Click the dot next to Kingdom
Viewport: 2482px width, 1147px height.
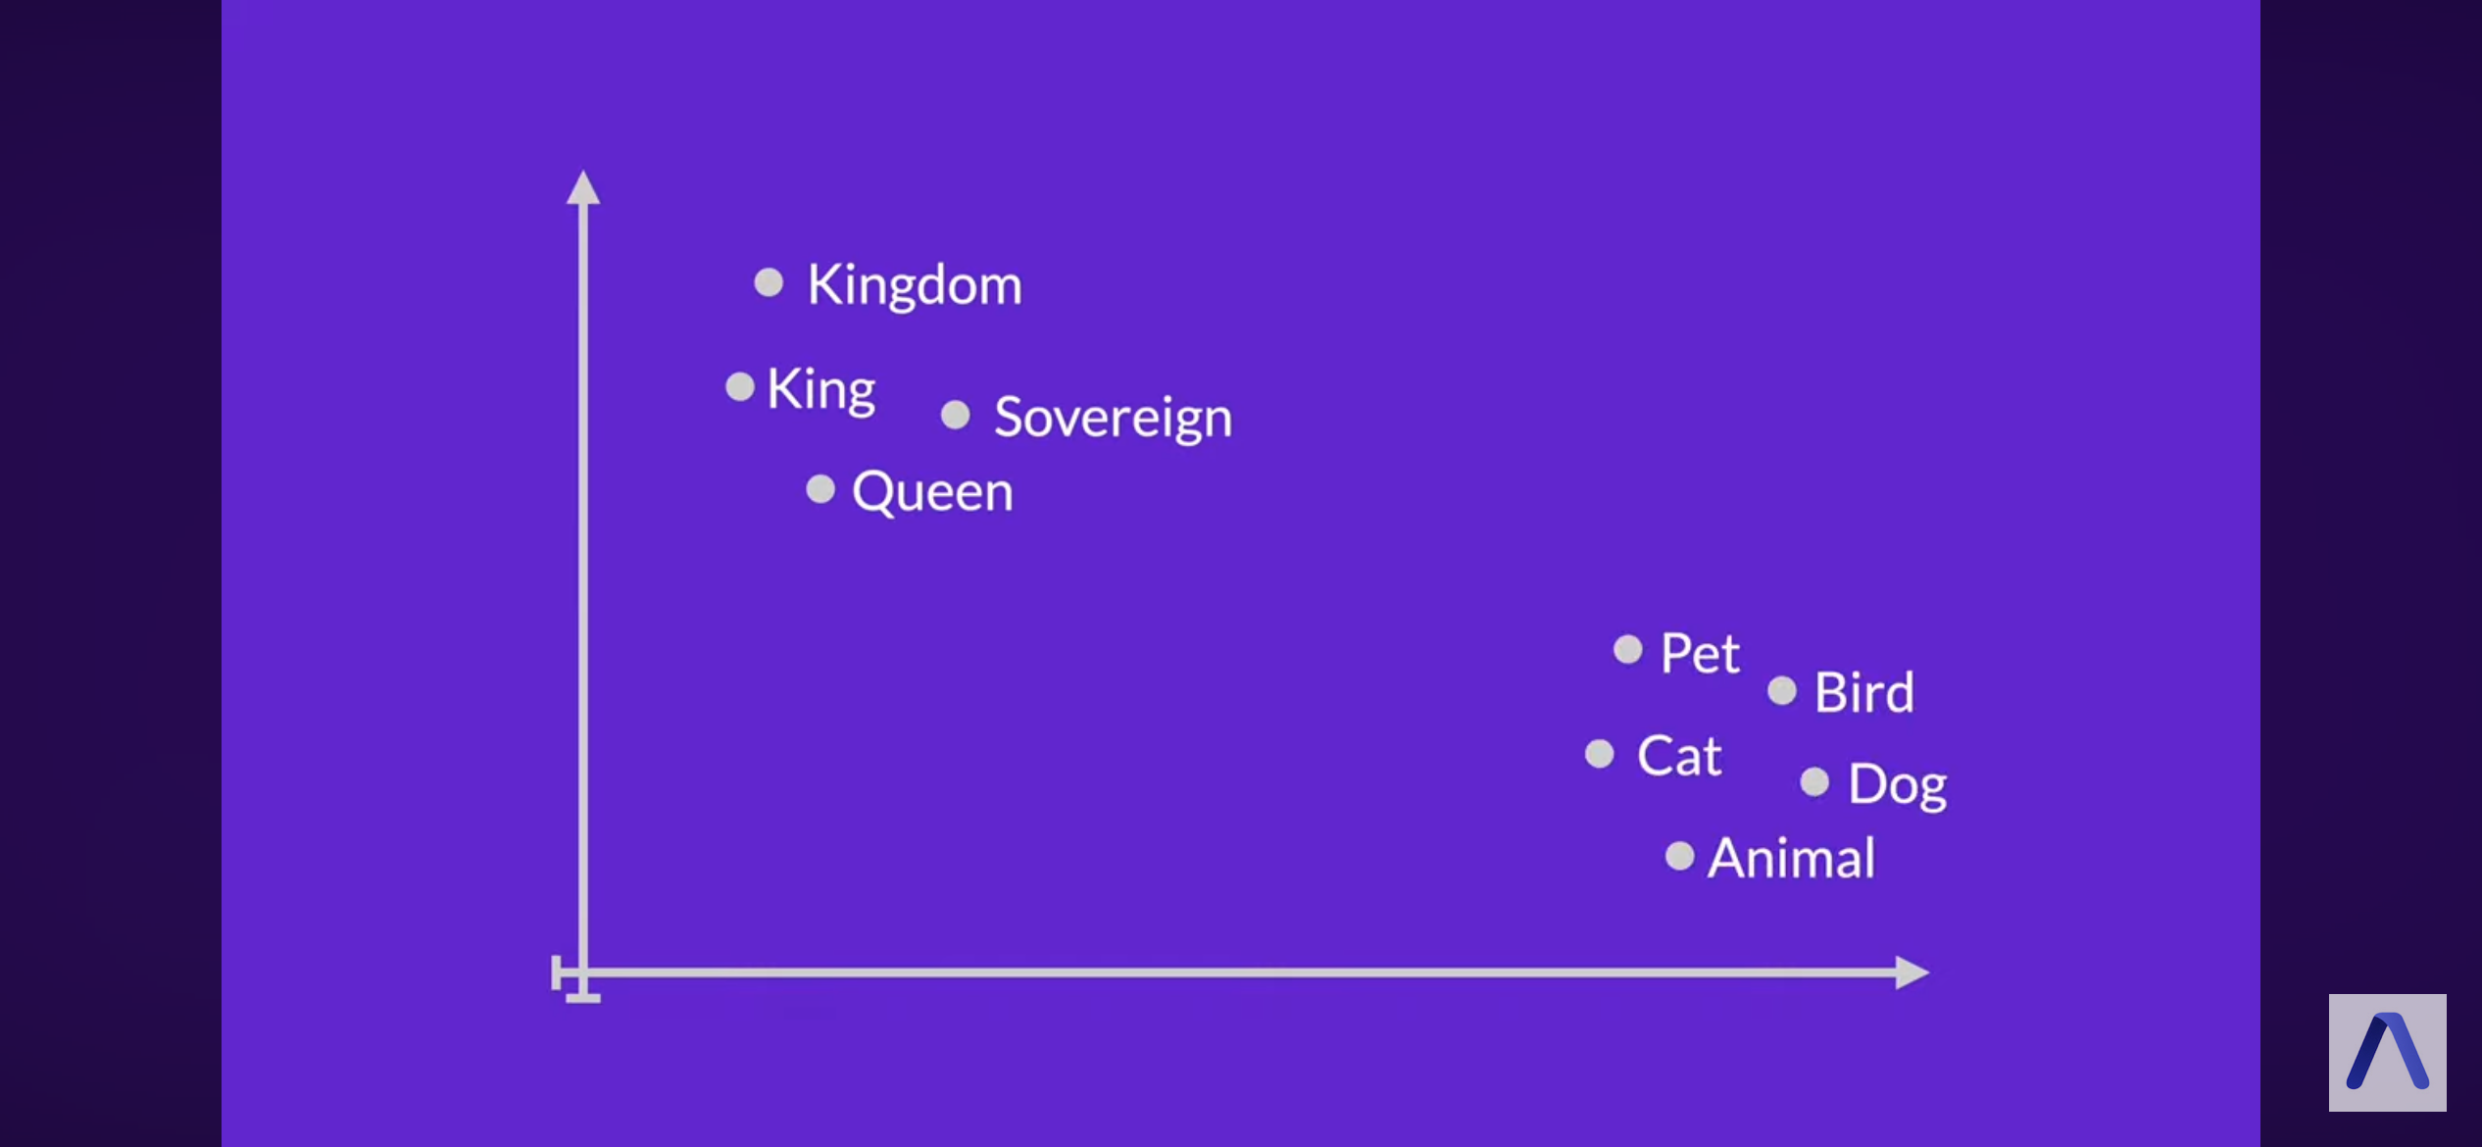[x=769, y=282]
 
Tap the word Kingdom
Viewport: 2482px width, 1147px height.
[x=915, y=286]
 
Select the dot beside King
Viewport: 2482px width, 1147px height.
[x=740, y=386]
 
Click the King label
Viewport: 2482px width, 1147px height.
[x=820, y=390]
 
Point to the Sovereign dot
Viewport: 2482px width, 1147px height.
[x=956, y=415]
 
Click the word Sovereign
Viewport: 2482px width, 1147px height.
[x=1113, y=419]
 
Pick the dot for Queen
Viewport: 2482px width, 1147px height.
[x=820, y=488]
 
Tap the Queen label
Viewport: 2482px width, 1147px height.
[x=932, y=491]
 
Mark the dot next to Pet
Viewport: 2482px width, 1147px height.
[x=1628, y=649]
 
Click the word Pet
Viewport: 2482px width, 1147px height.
[x=1700, y=653]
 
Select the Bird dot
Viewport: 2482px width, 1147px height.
[x=1782, y=690]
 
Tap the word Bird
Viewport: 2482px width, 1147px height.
[x=1863, y=692]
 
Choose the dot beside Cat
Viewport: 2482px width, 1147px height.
[x=1600, y=753]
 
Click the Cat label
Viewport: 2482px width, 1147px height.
[x=1679, y=756]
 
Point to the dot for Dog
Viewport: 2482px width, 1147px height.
[x=1814, y=781]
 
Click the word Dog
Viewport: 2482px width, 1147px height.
[x=1897, y=785]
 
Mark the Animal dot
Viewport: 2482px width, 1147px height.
[x=1680, y=856]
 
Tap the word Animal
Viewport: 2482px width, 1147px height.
[x=1791, y=858]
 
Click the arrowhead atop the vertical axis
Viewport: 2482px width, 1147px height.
[x=583, y=187]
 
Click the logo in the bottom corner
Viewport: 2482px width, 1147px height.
[x=2387, y=1053]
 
